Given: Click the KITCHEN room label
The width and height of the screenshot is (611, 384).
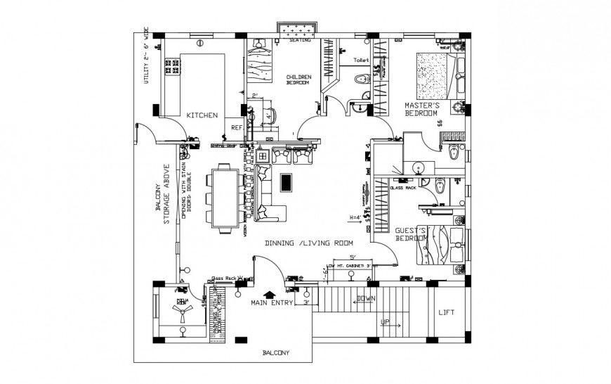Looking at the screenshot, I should (x=202, y=115).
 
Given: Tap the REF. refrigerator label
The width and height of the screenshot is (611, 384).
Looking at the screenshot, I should (x=237, y=128).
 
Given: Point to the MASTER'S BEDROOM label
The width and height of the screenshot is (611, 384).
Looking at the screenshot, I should (x=421, y=109).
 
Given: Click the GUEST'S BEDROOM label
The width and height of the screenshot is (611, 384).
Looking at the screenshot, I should (x=412, y=235).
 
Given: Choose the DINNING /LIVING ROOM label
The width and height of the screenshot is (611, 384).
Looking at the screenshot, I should (x=308, y=243).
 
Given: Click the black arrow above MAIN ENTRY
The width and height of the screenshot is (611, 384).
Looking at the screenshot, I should (x=268, y=295).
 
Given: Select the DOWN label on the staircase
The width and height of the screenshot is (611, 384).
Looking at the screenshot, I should (x=366, y=298).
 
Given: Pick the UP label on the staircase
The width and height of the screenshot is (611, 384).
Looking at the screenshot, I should (x=386, y=323).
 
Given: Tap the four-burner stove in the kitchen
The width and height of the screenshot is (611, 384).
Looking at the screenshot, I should (x=171, y=67).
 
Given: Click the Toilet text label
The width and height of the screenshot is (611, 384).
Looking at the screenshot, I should (x=361, y=61).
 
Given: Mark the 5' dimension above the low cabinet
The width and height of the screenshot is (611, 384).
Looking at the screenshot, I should (x=353, y=257).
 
